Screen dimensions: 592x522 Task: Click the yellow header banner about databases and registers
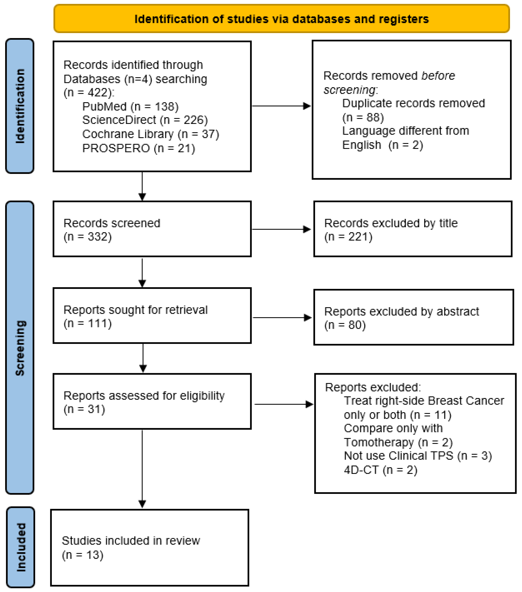click(x=281, y=19)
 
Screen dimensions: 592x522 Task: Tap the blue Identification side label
click(x=20, y=106)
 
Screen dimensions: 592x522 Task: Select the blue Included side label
click(x=21, y=547)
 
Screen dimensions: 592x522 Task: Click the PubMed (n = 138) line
click(x=130, y=106)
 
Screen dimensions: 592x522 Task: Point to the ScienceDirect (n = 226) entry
click(x=145, y=120)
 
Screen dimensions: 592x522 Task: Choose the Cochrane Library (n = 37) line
click(x=151, y=134)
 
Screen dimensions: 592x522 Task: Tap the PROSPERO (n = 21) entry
click(x=138, y=148)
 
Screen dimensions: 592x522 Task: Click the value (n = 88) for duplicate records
click(x=363, y=117)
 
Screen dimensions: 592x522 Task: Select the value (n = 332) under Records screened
click(x=87, y=237)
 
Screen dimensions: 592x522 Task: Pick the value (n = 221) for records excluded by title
click(x=348, y=237)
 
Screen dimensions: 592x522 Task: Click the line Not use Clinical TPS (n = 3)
click(x=417, y=456)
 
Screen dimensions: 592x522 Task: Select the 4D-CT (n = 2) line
click(x=380, y=470)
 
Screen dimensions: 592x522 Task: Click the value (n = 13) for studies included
click(x=83, y=555)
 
